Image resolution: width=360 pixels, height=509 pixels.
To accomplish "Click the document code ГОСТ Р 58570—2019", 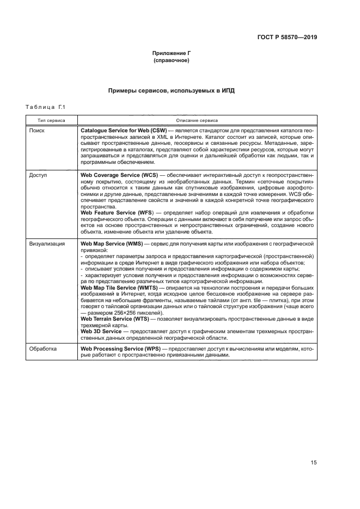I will click(x=286, y=38).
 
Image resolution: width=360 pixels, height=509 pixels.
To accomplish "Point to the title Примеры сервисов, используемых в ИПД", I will click(x=172, y=90).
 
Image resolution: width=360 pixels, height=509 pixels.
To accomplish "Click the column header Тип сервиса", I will click(x=52, y=120).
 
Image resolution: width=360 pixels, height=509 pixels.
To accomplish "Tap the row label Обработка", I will click(x=42, y=348).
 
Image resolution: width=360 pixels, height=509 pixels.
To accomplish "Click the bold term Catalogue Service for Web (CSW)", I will click(x=124, y=132).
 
